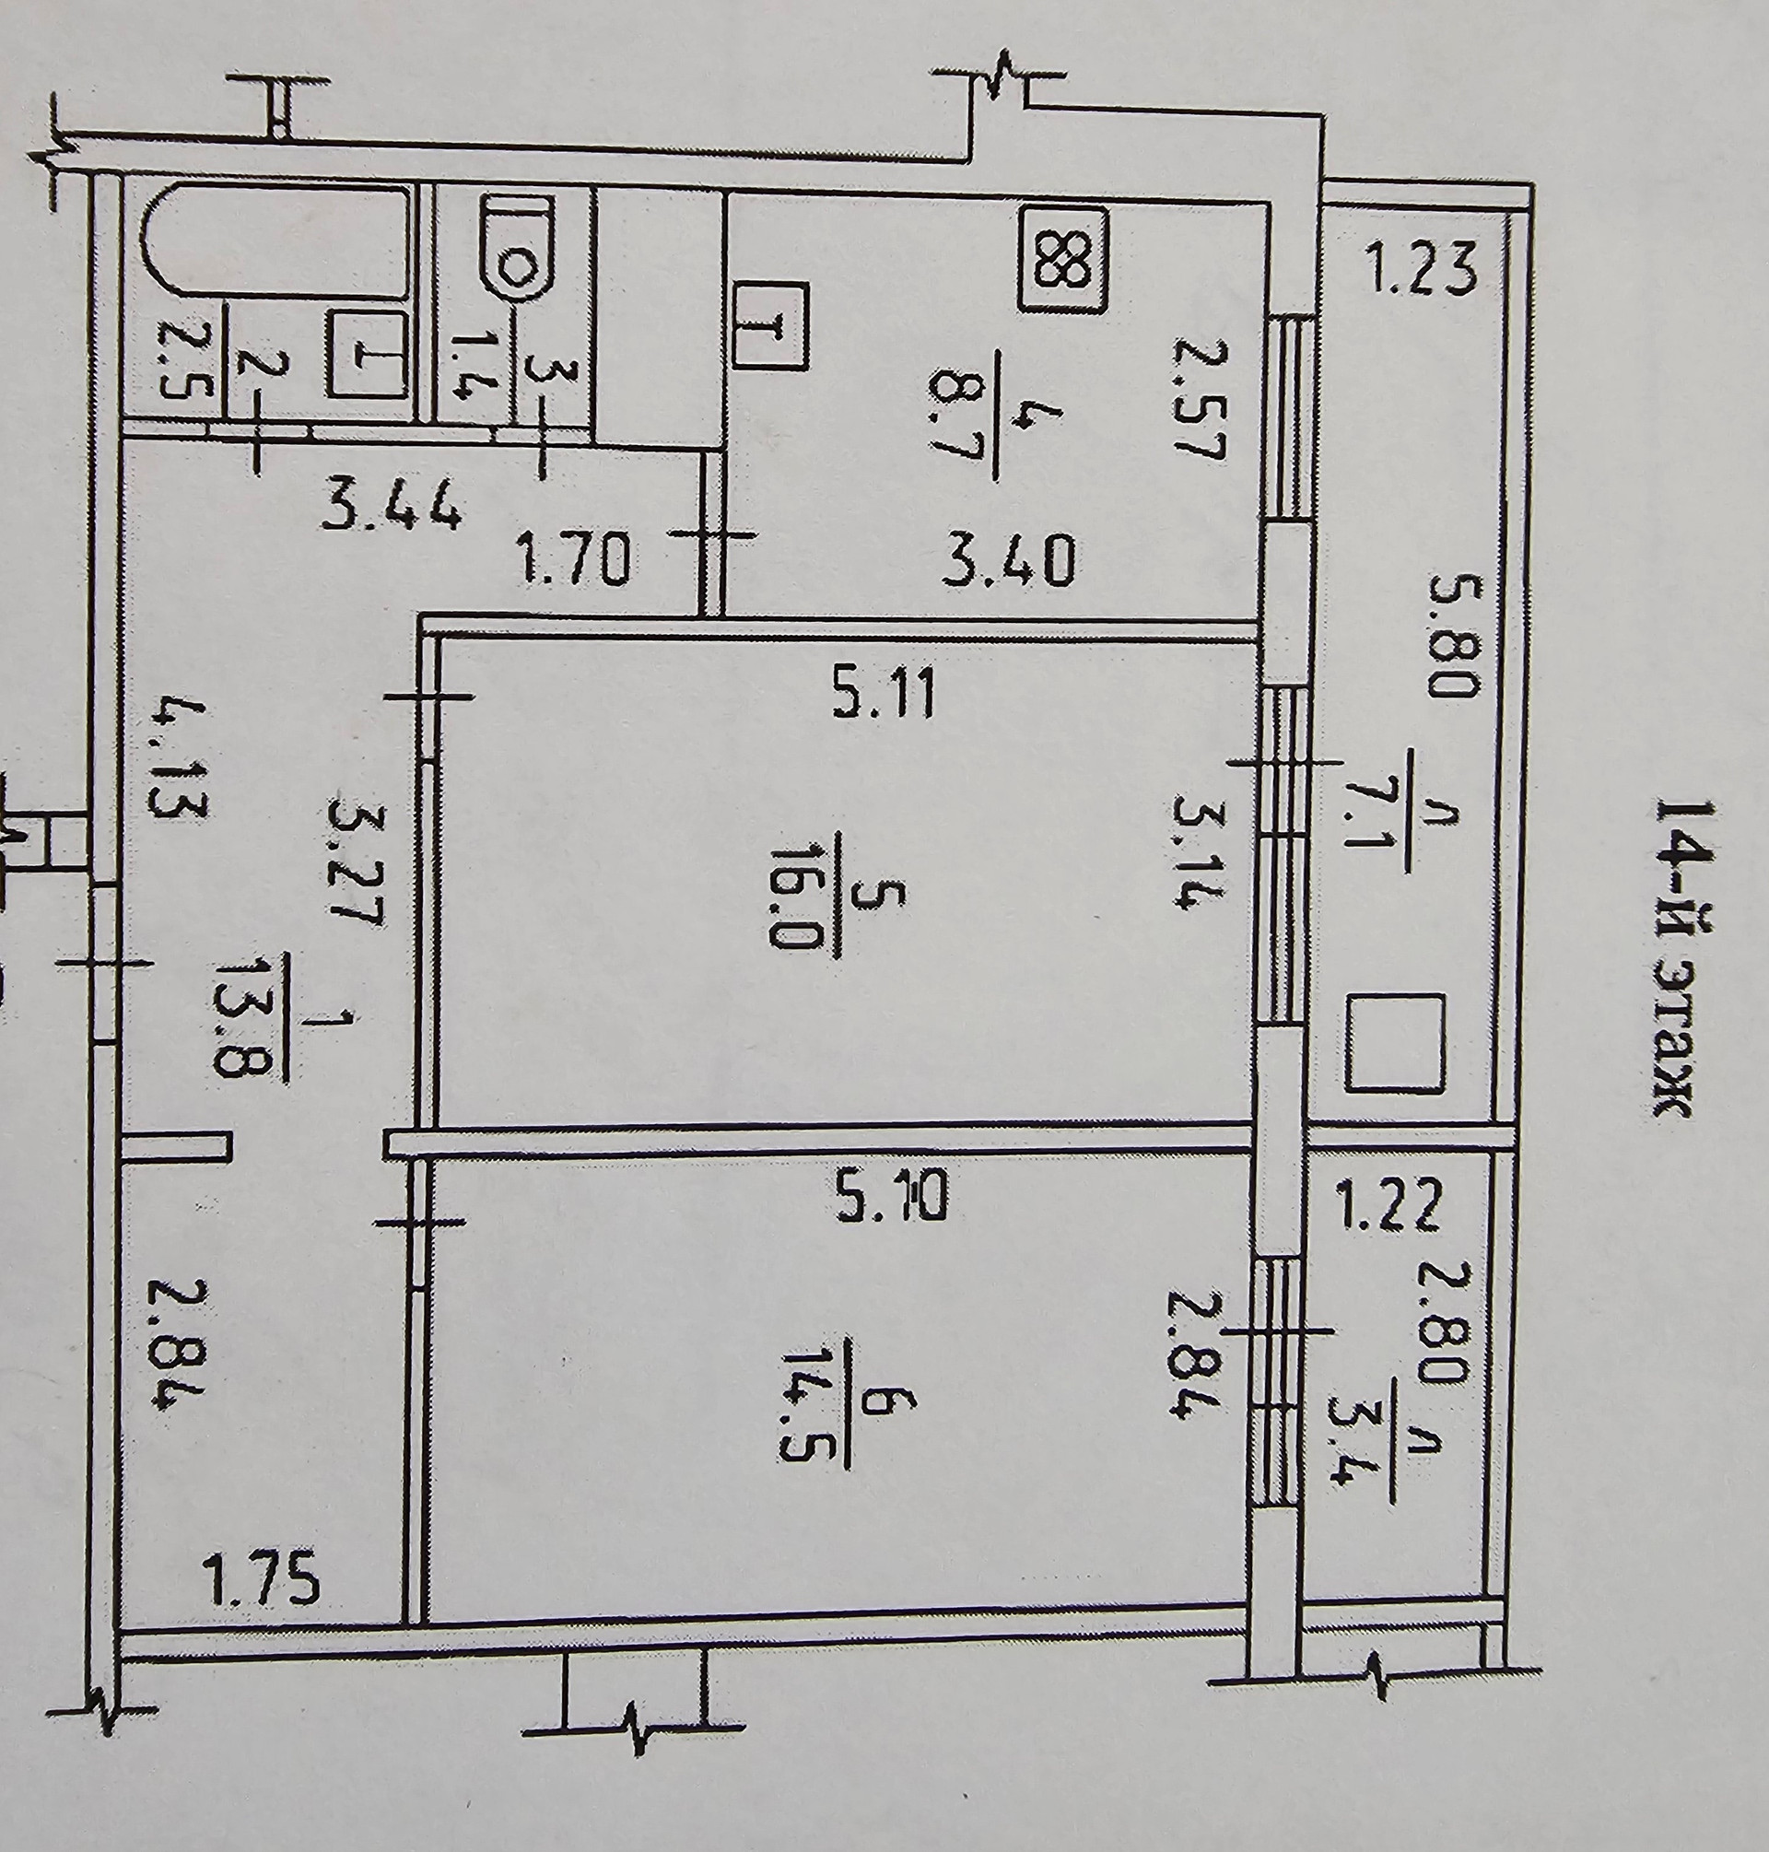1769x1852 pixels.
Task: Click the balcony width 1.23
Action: pyautogui.click(x=1415, y=270)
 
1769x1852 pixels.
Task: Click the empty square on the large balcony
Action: pyautogui.click(x=1395, y=1043)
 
